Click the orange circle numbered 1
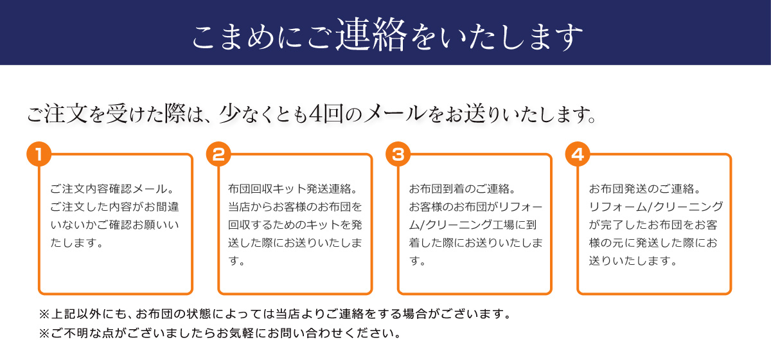[x=39, y=155]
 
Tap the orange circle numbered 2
[x=218, y=155]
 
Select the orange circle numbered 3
[x=398, y=155]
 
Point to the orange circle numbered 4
[x=578, y=155]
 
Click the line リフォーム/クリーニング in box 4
[x=655, y=207]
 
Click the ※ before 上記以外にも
[x=44, y=315]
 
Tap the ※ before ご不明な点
[x=44, y=334]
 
